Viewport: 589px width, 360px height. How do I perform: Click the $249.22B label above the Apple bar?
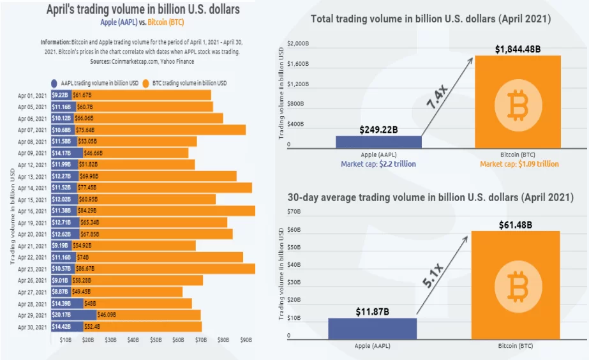coord(378,130)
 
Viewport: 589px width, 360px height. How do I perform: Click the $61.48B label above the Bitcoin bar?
coord(515,224)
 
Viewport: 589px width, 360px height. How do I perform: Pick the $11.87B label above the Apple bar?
coord(372,311)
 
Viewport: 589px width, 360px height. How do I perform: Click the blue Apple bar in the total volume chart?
coord(378,142)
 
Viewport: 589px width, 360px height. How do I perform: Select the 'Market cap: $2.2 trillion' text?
coord(378,164)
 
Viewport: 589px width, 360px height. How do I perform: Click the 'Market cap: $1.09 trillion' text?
coord(519,164)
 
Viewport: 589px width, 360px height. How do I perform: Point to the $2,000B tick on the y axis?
coord(298,43)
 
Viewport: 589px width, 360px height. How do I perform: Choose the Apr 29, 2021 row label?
coord(33,315)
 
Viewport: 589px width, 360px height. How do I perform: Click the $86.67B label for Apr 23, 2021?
coord(87,269)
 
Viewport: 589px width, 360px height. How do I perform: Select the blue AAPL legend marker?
coord(55,83)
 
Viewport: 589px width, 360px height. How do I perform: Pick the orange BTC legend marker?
coord(145,83)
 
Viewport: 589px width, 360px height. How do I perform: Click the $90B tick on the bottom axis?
coord(245,340)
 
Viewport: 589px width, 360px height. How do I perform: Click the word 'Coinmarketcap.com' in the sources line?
coord(133,61)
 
